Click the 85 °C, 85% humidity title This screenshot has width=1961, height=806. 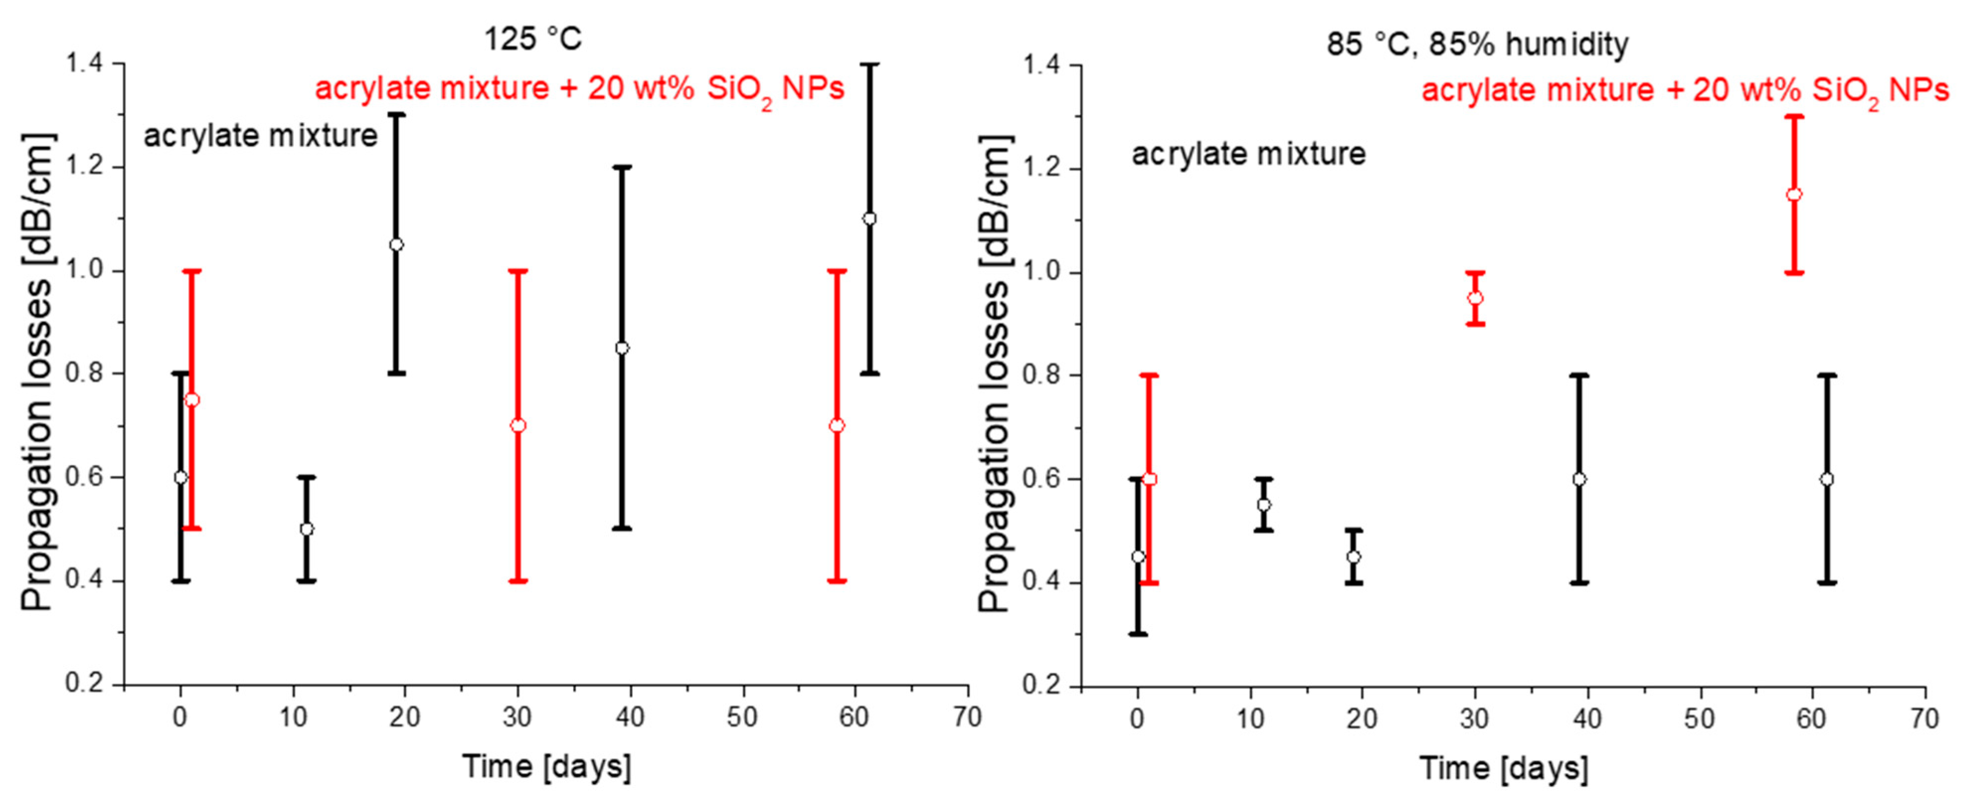click(1477, 44)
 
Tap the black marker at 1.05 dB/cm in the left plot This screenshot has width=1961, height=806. click(396, 244)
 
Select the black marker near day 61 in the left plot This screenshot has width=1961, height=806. click(869, 219)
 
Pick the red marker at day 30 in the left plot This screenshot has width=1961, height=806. click(517, 425)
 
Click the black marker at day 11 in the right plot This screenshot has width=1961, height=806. click(1264, 504)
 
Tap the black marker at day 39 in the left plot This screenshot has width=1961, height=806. click(622, 348)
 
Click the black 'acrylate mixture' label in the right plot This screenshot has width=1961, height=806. click(1249, 155)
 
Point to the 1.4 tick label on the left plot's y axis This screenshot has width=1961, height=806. click(85, 64)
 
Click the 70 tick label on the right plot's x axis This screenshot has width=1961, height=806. click(1924, 719)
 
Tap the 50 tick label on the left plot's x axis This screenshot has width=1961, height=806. click(742, 717)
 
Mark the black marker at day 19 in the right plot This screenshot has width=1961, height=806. click(1354, 557)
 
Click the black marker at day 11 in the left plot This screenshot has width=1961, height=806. click(306, 529)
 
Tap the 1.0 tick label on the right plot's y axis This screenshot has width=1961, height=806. click(1041, 272)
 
